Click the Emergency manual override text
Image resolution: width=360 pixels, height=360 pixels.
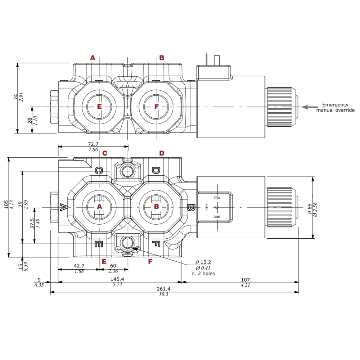335,107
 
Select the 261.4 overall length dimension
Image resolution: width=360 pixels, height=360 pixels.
163,289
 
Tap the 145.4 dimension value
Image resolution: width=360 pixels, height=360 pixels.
117,279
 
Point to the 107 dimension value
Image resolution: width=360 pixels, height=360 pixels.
245,279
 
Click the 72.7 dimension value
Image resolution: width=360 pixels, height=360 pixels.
93,144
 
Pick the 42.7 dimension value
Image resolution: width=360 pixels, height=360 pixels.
79,266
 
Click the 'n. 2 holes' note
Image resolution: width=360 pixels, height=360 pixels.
203,273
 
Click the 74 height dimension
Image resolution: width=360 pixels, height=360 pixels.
15,97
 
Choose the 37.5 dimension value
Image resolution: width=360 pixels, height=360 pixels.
32,224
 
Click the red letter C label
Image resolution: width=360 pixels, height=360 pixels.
105,153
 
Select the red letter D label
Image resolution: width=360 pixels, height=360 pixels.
162,153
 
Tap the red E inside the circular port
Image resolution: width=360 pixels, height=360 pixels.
100,107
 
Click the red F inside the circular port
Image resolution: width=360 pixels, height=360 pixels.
156,107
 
